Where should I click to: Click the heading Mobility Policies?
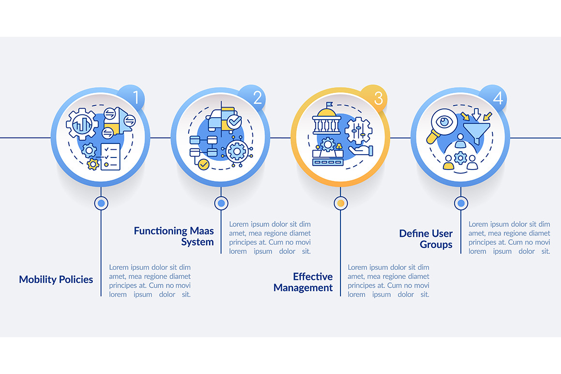coord(56,280)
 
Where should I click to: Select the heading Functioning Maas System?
coord(174,236)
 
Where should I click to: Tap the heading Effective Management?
coord(304,282)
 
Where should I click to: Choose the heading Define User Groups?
coord(426,239)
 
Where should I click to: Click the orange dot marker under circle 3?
coord(340,203)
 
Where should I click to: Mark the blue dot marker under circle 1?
coord(101,203)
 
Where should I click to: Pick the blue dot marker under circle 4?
coord(461,203)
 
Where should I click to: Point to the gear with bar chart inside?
coord(82,124)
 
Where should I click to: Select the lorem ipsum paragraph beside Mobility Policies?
coord(149,280)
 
